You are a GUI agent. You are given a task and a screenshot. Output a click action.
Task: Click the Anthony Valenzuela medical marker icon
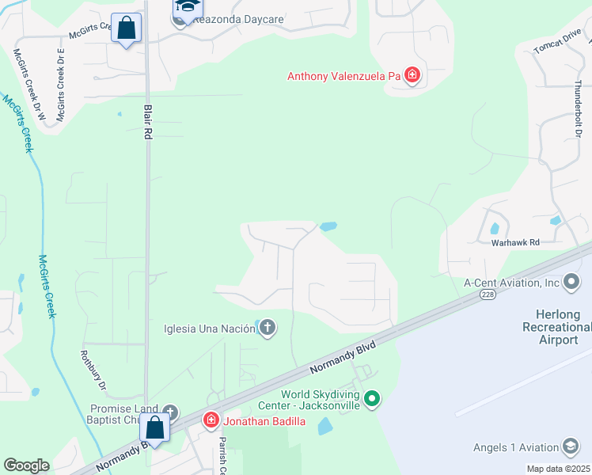(x=412, y=76)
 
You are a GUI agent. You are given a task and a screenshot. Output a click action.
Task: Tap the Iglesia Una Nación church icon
(x=268, y=329)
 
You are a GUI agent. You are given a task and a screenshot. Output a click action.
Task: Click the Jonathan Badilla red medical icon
(x=211, y=420)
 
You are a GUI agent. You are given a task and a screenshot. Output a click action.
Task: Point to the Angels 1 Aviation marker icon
(x=570, y=447)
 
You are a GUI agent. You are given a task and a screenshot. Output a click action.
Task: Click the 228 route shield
(x=487, y=294)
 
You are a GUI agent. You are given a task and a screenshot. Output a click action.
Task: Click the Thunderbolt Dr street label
(x=579, y=112)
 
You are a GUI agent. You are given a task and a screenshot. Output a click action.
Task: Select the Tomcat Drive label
(x=557, y=47)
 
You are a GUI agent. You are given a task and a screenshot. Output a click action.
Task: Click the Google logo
(x=26, y=465)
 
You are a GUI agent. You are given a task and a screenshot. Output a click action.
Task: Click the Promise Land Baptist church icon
(x=170, y=412)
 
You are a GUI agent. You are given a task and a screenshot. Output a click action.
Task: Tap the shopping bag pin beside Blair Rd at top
(x=126, y=28)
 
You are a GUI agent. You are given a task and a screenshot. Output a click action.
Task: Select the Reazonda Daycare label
(x=230, y=21)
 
